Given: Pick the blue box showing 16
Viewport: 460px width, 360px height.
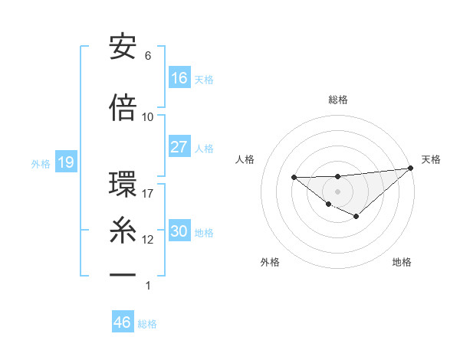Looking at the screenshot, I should (179, 77).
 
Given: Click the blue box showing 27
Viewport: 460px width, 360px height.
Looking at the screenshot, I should (179, 147).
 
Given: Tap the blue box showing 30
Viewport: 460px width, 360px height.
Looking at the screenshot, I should (179, 231).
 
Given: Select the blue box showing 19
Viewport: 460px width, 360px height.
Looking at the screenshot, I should (65, 162).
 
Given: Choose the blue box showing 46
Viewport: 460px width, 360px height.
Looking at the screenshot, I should (123, 322).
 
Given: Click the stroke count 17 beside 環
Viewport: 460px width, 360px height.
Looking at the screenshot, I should (148, 193).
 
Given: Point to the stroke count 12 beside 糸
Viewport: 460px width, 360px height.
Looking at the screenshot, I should (148, 239).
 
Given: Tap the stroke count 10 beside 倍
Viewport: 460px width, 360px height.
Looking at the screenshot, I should (148, 116).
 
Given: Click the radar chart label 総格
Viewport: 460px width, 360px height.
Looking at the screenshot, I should (338, 100).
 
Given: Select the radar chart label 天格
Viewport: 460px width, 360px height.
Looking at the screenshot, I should (431, 159).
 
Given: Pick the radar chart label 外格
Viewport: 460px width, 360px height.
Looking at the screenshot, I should (270, 262).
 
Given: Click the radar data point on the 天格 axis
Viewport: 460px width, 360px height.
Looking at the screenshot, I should (410, 167).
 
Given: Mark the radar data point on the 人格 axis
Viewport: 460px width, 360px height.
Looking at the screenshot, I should (294, 178).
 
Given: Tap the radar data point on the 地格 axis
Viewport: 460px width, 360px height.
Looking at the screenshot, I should (356, 218).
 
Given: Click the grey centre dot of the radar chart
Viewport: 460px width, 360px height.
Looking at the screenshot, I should (337, 191).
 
